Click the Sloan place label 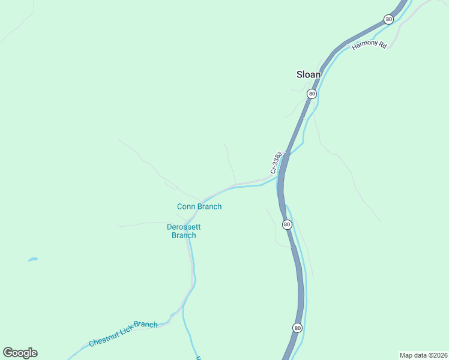pos(309,74)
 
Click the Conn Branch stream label pos(199,206)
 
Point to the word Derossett pos(184,227)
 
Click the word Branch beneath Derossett pos(184,235)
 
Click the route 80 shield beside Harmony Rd pos(389,20)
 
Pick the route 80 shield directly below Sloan pos(312,94)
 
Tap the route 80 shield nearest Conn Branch pos(287,224)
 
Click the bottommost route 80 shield pos(298,328)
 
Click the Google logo pos(20,352)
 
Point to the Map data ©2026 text pos(423,355)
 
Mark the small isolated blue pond pos(32,259)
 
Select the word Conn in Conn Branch pos(185,206)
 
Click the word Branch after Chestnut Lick pos(146,325)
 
